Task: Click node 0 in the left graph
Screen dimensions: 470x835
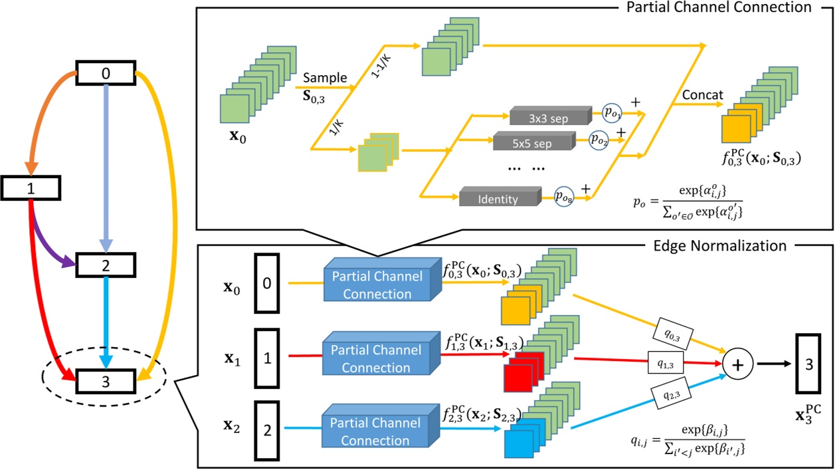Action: pos(106,73)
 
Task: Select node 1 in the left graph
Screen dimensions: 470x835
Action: pos(31,188)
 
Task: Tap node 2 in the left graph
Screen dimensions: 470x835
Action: pos(106,265)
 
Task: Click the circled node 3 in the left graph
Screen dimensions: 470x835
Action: pos(106,381)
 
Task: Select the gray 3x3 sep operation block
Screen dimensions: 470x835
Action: pos(549,116)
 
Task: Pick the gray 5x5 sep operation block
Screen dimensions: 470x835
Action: pos(532,141)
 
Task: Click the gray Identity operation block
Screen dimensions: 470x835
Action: pos(498,198)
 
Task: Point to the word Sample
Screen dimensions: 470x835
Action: pos(325,78)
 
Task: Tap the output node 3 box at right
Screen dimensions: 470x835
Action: pos(808,364)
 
